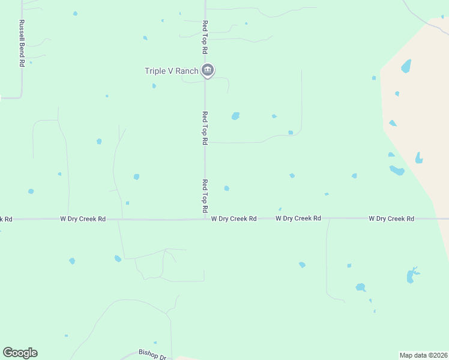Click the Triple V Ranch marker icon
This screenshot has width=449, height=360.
click(207, 71)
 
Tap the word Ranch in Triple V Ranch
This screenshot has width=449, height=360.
click(187, 71)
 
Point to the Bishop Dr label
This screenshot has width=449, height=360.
click(152, 355)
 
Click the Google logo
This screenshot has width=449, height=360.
click(20, 353)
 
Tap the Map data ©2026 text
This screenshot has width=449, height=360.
click(423, 355)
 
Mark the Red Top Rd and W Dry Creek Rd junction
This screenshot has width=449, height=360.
click(205, 219)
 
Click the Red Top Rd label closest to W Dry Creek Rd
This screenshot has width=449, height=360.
click(205, 196)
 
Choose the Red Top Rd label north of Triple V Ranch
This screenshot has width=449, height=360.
click(205, 37)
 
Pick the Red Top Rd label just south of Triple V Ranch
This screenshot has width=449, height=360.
click(205, 128)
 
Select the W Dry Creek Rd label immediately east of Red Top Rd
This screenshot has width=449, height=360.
click(234, 219)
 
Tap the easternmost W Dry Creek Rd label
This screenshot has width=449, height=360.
click(391, 219)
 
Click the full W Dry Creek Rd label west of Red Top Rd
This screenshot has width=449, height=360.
click(83, 220)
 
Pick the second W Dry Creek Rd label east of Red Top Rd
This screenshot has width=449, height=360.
click(298, 218)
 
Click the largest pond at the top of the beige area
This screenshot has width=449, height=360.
click(406, 65)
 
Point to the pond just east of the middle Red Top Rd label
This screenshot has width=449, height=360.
click(235, 116)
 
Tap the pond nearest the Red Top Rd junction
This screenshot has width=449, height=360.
click(226, 188)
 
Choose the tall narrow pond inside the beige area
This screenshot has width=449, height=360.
click(418, 158)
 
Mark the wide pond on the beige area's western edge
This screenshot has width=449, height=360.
click(397, 170)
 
